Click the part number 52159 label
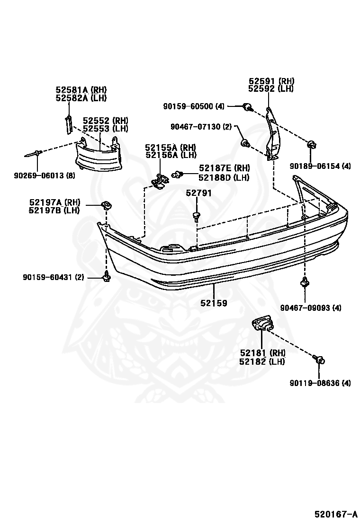[x=214, y=303]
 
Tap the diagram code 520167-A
[x=335, y=514]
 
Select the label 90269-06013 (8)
[x=45, y=175]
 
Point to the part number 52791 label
[x=199, y=193]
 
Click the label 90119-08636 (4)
[x=320, y=383]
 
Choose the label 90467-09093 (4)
[x=311, y=307]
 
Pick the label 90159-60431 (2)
[x=53, y=277]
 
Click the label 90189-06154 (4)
[x=320, y=166]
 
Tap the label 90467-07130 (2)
[x=201, y=127]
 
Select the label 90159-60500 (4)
[x=194, y=106]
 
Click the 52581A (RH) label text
[x=81, y=89]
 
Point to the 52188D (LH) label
[x=224, y=177]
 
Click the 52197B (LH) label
[x=54, y=210]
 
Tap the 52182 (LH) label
[x=262, y=361]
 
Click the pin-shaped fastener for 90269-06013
[x=33, y=154]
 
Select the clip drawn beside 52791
[x=196, y=216]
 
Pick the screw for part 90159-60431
[x=107, y=276]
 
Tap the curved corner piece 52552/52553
[x=98, y=156]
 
